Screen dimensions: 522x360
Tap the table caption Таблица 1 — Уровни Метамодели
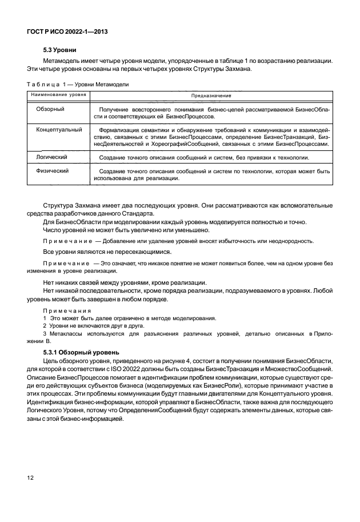point(78,84)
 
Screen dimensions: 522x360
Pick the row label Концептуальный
point(59,130)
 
